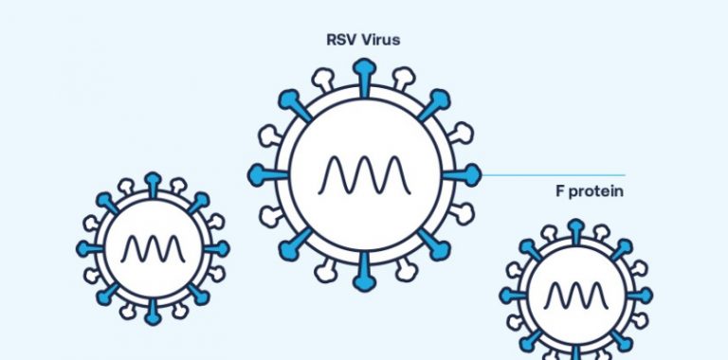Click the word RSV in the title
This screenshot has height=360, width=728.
pyautogui.click(x=338, y=42)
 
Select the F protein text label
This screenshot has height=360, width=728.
pyautogui.click(x=582, y=191)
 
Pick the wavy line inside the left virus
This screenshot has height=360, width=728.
pyautogui.click(x=153, y=249)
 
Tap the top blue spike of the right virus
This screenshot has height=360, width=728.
pyautogui.click(x=576, y=228)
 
